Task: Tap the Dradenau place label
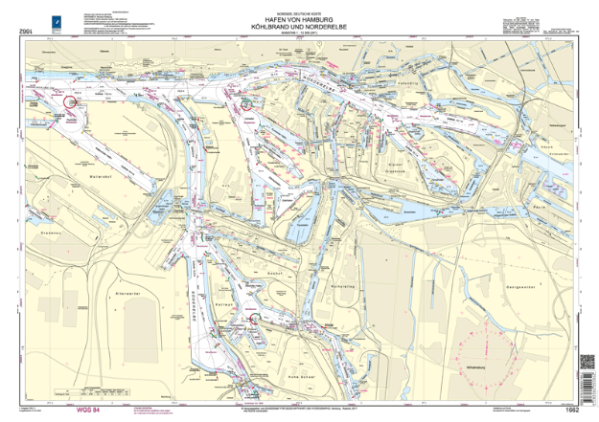click(x=50, y=204)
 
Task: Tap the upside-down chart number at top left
click(x=25, y=33)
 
